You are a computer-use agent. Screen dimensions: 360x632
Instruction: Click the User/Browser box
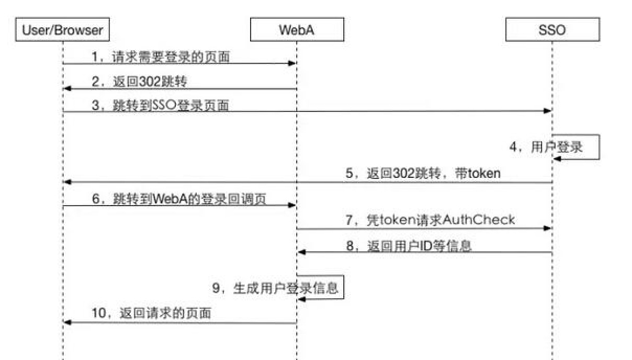click(63, 30)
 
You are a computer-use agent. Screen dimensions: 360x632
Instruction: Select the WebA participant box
click(297, 30)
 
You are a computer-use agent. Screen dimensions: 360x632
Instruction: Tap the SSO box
click(552, 30)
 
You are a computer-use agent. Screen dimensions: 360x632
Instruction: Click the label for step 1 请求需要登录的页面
click(161, 57)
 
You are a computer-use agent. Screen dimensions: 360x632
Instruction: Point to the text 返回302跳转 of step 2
click(151, 82)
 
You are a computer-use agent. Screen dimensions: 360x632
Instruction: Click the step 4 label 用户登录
click(557, 147)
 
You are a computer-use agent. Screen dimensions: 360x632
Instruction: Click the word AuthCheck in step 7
click(479, 220)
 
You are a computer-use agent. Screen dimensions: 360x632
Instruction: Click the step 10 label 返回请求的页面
click(151, 313)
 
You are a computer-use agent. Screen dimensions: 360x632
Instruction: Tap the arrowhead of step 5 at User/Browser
click(66, 182)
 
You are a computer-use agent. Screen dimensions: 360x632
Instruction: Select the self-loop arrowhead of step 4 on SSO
click(556, 159)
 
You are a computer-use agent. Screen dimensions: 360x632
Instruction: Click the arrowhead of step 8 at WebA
click(301, 252)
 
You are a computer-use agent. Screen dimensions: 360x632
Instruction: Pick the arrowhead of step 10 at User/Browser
click(66, 322)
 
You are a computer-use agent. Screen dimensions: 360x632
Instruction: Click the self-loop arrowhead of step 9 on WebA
click(301, 299)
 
